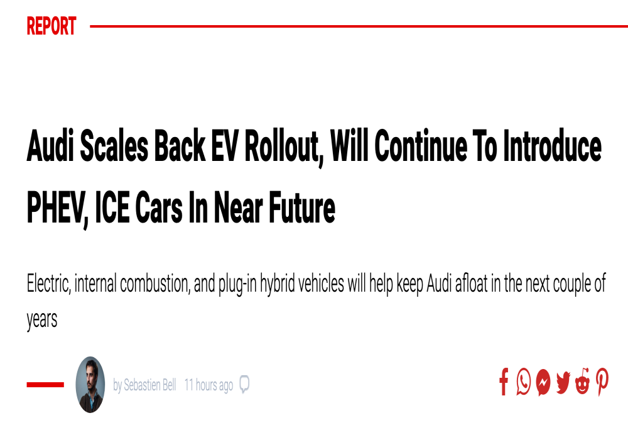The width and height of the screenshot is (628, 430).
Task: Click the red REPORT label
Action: (x=51, y=26)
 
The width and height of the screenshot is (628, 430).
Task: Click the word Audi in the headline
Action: (x=50, y=146)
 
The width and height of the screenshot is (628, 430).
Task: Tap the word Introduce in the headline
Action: (x=552, y=146)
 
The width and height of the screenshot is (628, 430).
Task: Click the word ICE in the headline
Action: (x=112, y=207)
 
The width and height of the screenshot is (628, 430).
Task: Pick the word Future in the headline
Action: (x=302, y=207)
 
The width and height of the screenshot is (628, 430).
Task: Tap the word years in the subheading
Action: (x=42, y=320)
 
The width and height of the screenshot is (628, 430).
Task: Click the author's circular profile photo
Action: (x=90, y=385)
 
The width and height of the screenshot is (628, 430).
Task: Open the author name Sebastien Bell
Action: (x=150, y=385)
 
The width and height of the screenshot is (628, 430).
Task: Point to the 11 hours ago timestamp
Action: (x=208, y=385)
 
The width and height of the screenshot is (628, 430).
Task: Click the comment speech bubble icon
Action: (x=244, y=384)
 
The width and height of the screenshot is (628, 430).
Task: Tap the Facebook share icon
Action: (x=504, y=382)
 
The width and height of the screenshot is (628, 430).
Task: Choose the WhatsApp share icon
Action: (x=524, y=382)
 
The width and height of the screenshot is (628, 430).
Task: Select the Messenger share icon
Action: (x=543, y=382)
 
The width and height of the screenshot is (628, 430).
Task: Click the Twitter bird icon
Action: (x=563, y=382)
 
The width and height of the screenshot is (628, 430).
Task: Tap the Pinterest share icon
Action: (x=602, y=382)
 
